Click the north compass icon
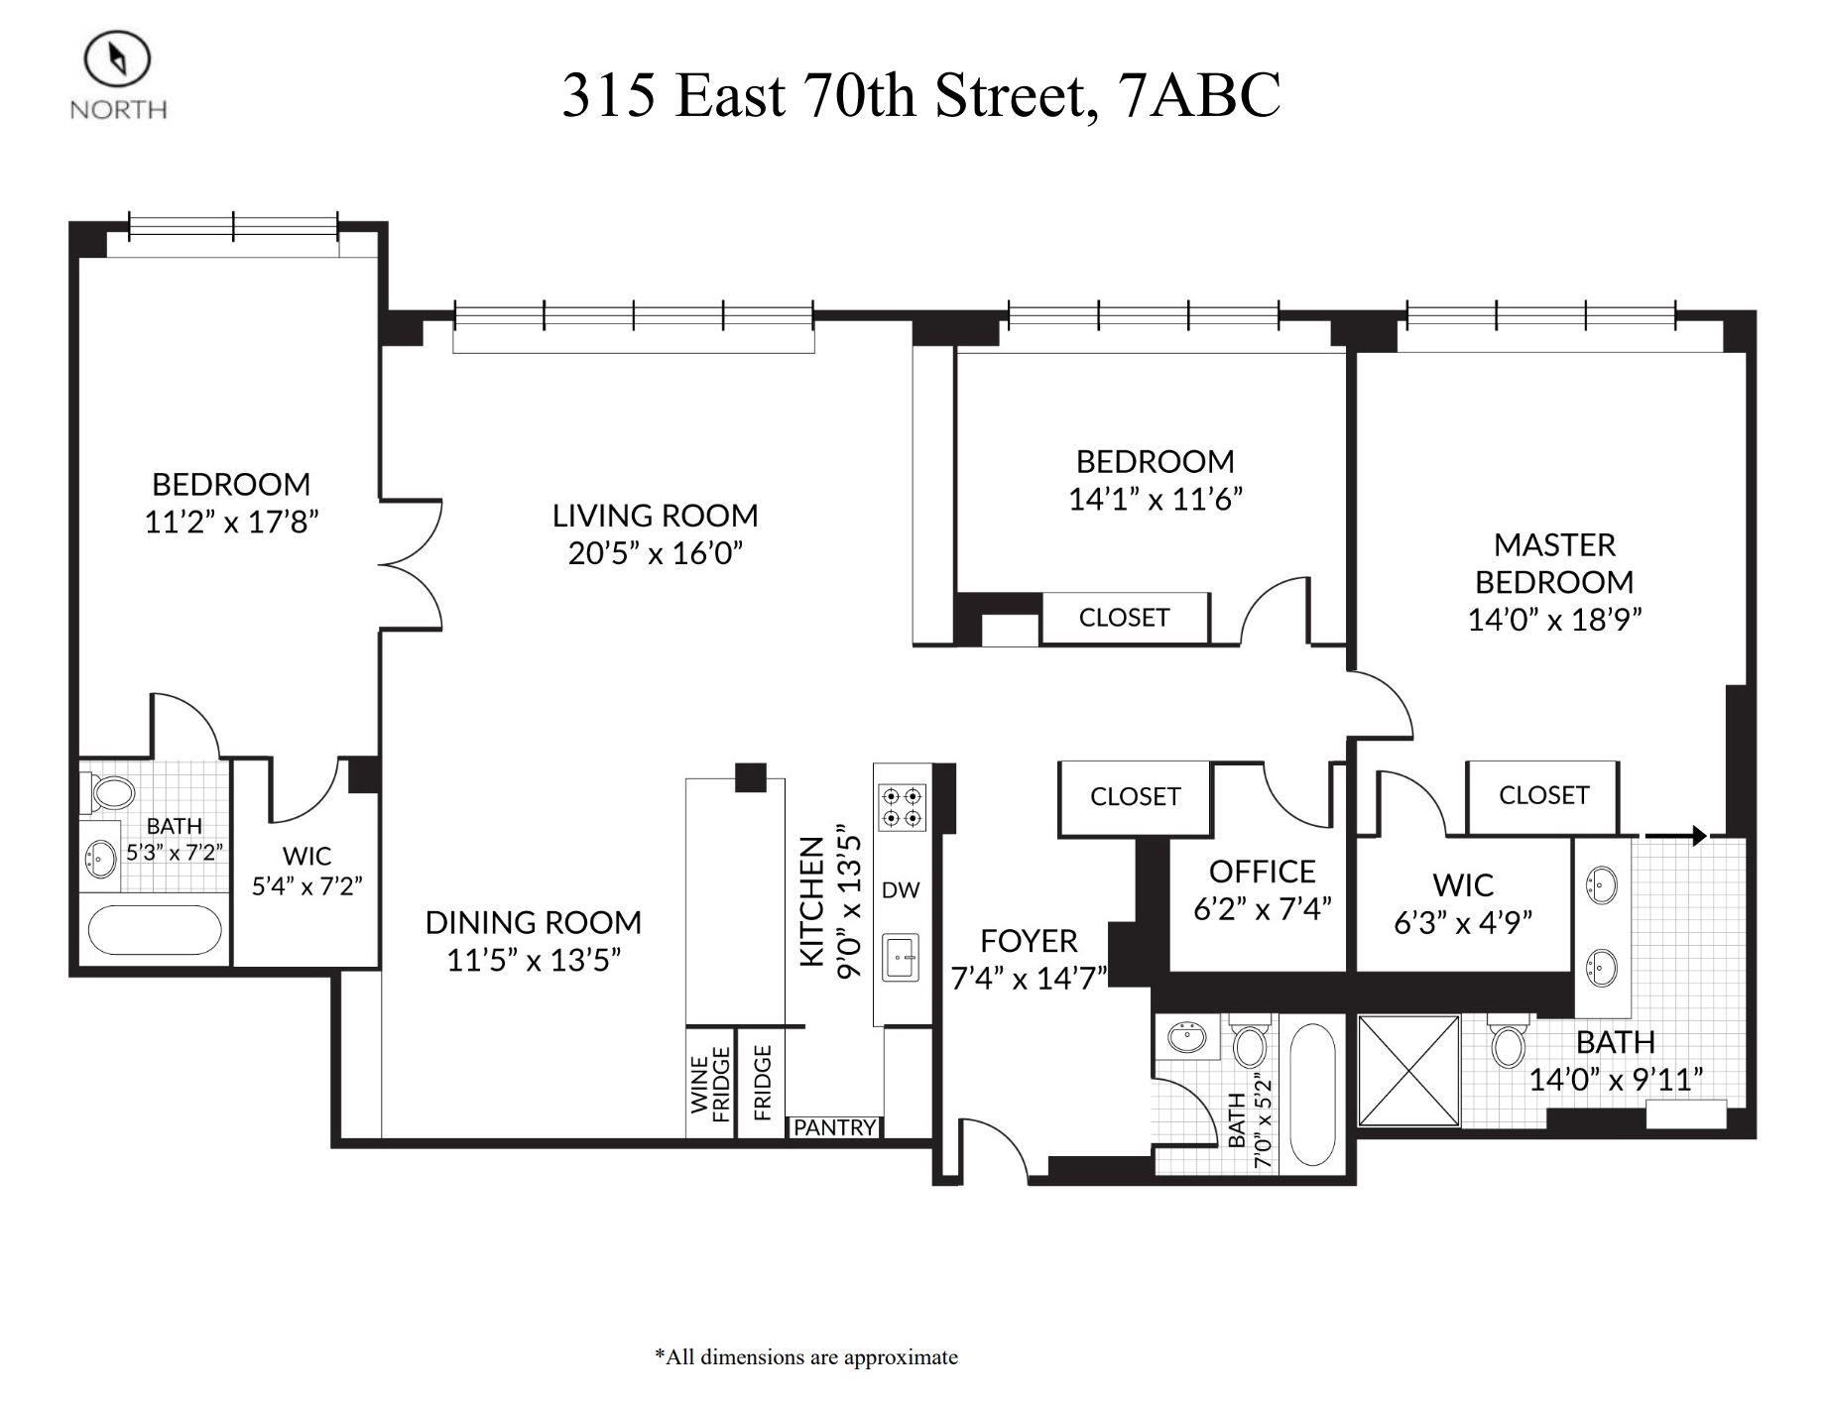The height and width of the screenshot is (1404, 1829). tap(117, 59)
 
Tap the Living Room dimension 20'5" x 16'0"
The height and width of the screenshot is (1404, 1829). tap(655, 552)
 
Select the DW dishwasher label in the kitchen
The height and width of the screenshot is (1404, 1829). tap(900, 889)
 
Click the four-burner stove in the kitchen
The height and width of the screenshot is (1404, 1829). tap(903, 806)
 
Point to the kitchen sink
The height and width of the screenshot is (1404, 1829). tap(900, 958)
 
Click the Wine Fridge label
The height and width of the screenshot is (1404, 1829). tap(710, 1088)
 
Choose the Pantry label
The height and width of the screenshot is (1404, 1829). tap(834, 1127)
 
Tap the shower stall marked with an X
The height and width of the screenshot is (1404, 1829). tap(1408, 1071)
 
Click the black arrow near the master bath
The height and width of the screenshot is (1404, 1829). tap(1676, 836)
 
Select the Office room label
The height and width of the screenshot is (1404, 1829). tap(1262, 872)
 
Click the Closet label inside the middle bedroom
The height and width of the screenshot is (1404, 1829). tap(1124, 618)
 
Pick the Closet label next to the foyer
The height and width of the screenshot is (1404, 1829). tap(1135, 796)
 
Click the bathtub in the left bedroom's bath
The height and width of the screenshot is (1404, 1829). tap(155, 930)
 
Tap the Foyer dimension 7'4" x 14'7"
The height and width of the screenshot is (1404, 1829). tap(1029, 979)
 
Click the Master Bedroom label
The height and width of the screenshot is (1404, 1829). tap(1554, 562)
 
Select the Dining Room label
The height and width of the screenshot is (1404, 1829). tap(533, 922)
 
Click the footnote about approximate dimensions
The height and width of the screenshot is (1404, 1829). tap(805, 1356)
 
